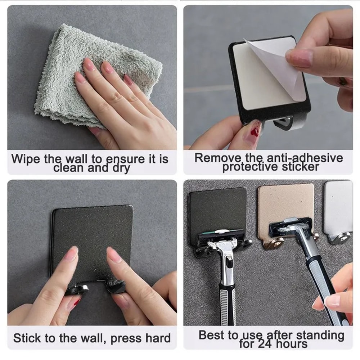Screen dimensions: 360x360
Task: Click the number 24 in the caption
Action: pos(266,344)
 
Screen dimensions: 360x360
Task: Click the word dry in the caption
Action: pos(121,168)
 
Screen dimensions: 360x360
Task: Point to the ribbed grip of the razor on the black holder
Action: pos(228,302)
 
